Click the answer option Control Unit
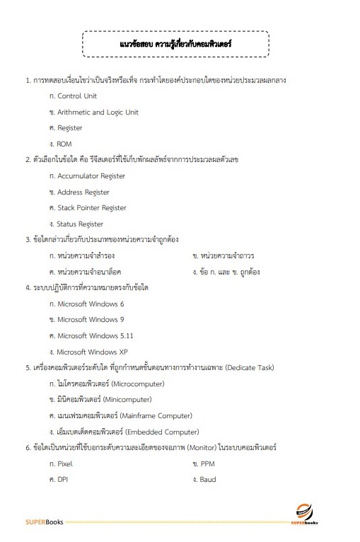76,96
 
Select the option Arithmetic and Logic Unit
98,112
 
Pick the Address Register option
83,192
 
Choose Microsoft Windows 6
91,304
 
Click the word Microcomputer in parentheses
138,384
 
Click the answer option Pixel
64,463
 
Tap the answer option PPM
207,463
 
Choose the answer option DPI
63,480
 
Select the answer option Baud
208,480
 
